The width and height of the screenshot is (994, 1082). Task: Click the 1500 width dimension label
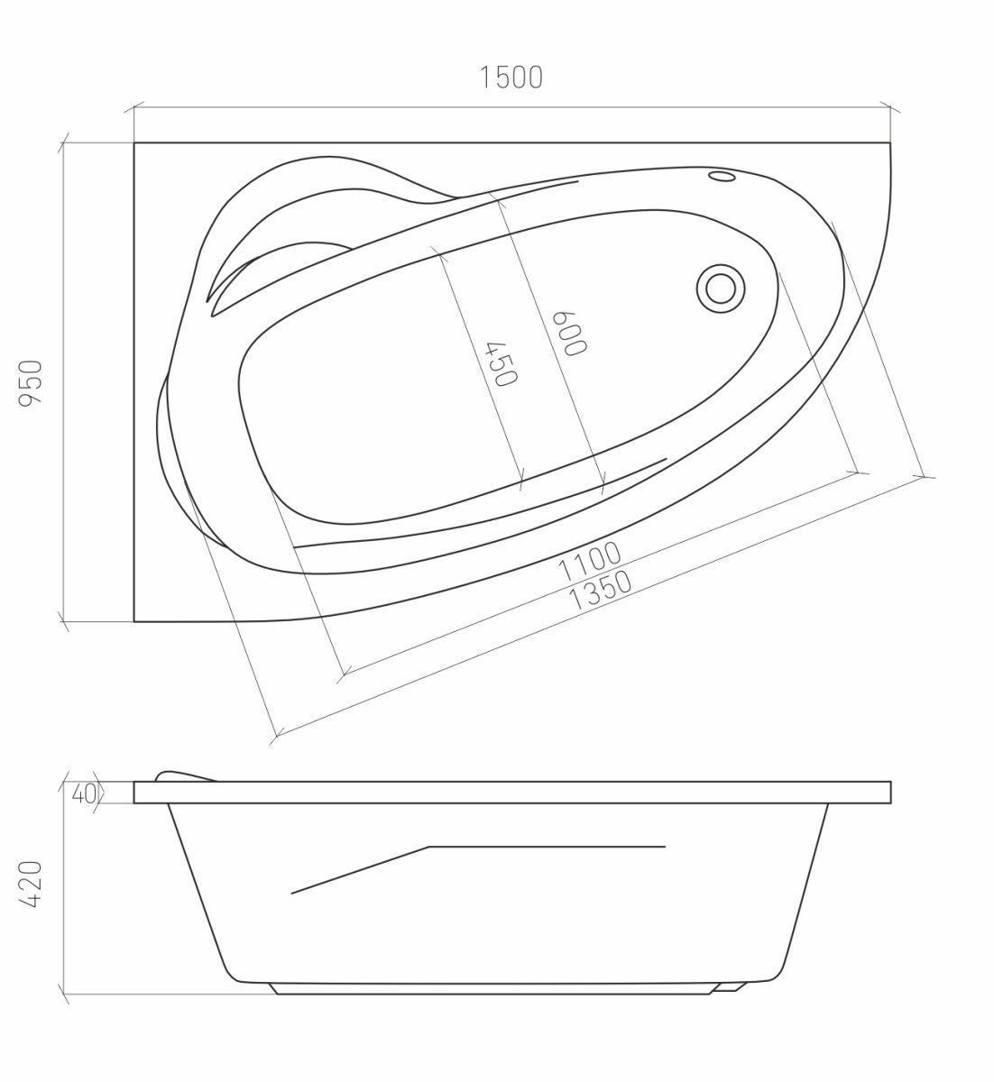(511, 78)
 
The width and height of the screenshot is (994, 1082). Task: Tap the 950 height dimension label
(31, 383)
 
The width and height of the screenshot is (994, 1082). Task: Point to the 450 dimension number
(502, 364)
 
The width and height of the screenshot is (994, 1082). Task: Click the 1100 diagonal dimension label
(589, 562)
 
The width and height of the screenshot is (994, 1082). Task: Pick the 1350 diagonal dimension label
(600, 591)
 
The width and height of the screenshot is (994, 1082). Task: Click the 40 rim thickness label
(84, 793)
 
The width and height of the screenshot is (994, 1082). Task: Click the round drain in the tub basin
(721, 288)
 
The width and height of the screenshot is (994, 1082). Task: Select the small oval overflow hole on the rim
(722, 176)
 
